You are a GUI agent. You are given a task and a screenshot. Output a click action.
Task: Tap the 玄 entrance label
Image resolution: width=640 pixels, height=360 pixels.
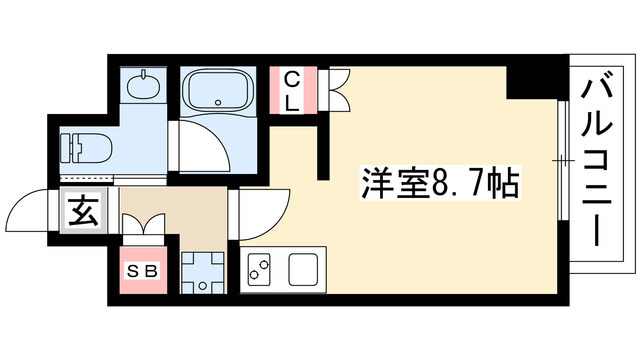pos(82,211)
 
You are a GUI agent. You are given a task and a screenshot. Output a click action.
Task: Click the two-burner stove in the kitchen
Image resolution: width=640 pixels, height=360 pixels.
pos(260,270)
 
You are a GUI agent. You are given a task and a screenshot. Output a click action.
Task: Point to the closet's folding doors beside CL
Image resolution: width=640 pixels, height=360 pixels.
pos(335,87)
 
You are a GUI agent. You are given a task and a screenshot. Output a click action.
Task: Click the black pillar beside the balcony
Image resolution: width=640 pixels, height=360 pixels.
pos(526,79)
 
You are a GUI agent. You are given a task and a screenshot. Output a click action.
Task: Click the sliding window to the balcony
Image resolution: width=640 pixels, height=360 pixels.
pos(562,160)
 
